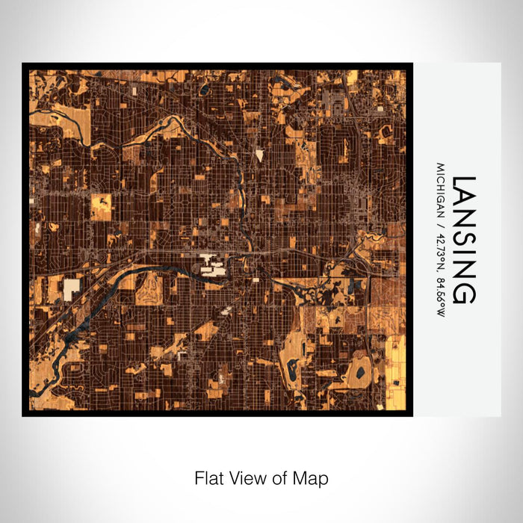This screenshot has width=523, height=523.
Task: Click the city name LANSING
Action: coord(464,240)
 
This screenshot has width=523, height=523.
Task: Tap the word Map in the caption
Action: coord(312,477)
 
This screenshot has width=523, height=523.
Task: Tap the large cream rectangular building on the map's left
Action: coord(72,289)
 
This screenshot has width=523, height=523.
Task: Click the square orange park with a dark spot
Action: coord(101,206)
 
